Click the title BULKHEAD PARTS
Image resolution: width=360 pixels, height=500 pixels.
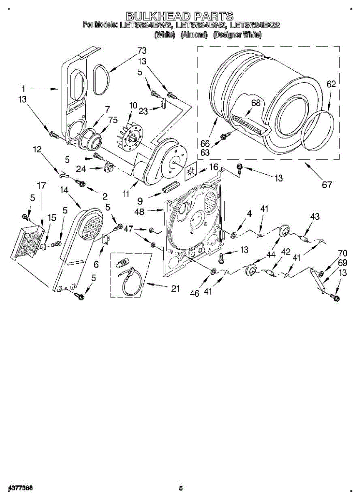(180, 16)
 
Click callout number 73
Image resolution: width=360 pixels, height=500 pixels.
(142, 51)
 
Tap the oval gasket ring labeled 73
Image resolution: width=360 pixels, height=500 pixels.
(101, 80)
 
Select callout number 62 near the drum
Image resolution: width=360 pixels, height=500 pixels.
(331, 84)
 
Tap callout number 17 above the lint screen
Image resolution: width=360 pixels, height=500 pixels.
(41, 186)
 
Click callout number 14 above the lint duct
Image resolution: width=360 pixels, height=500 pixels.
(64, 190)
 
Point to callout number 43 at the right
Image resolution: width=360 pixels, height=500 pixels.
(315, 217)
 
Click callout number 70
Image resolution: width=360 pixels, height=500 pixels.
(342, 253)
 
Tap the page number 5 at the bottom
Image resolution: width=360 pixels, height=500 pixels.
(181, 488)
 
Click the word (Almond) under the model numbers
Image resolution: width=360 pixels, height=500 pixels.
(194, 35)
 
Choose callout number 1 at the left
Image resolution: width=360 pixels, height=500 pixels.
(24, 88)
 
